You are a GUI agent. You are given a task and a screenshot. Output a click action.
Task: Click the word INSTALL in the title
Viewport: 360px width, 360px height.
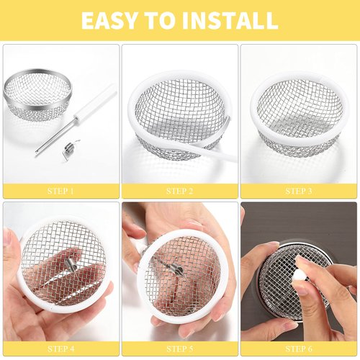[x=229, y=19]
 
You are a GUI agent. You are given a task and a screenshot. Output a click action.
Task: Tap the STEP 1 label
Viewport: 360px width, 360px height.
[x=60, y=191]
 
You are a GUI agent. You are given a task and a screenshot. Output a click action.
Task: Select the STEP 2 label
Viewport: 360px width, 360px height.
[x=179, y=191]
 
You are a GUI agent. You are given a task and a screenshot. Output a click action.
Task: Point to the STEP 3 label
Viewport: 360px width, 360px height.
[x=298, y=191]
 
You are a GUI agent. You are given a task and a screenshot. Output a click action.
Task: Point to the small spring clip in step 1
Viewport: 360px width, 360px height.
[x=68, y=149]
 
